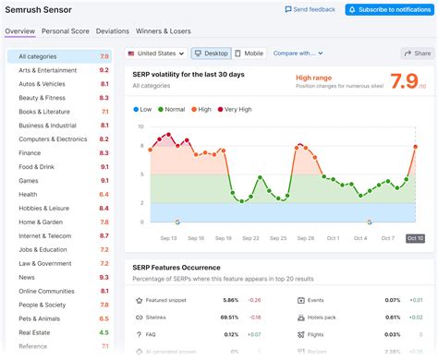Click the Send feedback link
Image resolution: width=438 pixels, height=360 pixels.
pyautogui.click(x=310, y=9)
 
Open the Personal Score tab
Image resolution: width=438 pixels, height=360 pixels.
pyautogui.click(x=67, y=31)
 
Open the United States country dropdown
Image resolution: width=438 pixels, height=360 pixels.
pyautogui.click(x=157, y=54)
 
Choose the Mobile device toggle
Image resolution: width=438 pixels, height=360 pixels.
pyautogui.click(x=249, y=54)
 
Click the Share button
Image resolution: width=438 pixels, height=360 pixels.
pyautogui.click(x=417, y=54)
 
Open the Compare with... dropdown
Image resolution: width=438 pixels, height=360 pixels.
pyautogui.click(x=298, y=54)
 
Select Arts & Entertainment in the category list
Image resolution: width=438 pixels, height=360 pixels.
pyautogui.click(x=50, y=70)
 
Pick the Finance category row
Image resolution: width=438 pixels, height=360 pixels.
pyautogui.click(x=30, y=153)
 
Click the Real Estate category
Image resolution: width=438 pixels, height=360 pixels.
pyautogui.click(x=34, y=332)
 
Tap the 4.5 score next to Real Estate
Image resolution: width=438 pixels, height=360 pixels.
pyautogui.click(x=103, y=332)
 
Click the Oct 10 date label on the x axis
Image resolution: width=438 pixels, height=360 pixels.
pyautogui.click(x=415, y=238)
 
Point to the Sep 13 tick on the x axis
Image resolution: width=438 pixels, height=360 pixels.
pyautogui.click(x=168, y=238)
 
